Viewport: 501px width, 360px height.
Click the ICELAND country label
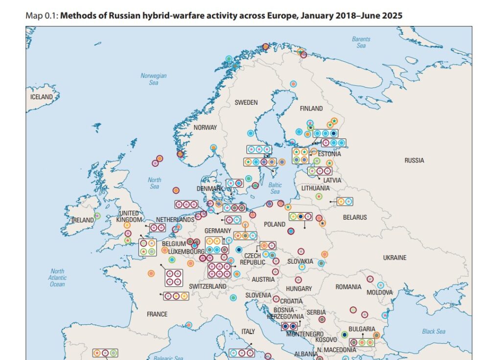coord(42,97)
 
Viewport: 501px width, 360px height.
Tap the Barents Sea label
coord(361,42)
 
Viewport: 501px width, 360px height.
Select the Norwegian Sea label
coord(154,79)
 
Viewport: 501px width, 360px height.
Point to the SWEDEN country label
coord(246,103)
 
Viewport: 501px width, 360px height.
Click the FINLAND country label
coord(311,108)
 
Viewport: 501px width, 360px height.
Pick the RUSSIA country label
coord(414,160)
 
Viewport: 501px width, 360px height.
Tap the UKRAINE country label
coord(394,258)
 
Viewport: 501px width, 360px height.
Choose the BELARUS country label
coord(355,217)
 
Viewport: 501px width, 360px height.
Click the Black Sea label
coord(433,331)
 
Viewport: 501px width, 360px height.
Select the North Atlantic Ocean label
coord(57,278)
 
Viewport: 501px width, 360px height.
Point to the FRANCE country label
coord(157,314)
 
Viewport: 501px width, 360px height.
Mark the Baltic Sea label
coord(275,188)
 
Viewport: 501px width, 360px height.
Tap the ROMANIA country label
coord(348,287)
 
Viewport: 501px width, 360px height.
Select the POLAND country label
coord(274,224)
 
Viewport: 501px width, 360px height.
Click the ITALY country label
coord(248,332)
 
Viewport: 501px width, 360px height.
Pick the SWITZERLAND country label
coord(207,286)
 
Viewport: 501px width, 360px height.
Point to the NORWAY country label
coord(205,128)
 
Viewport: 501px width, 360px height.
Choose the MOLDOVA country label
coord(380,292)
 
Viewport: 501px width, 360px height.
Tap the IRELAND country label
coord(83,220)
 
